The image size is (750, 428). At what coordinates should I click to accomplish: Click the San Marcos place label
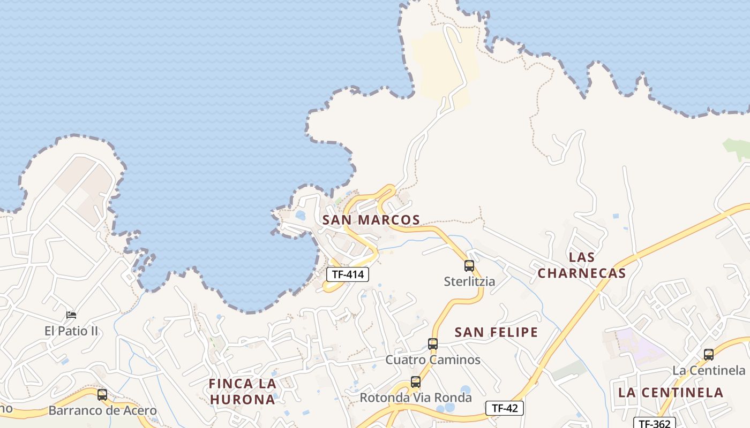(x=371, y=220)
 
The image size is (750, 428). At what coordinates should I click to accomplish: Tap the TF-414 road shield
(x=348, y=274)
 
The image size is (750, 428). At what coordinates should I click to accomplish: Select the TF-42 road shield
(x=504, y=408)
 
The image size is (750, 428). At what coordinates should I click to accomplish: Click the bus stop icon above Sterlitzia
(x=469, y=265)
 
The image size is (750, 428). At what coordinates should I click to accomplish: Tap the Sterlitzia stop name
(x=469, y=281)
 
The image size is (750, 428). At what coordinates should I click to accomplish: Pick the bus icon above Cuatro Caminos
(x=433, y=344)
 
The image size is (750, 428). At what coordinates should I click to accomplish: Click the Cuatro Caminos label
(x=433, y=360)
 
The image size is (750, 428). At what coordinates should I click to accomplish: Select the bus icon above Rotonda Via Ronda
(x=416, y=382)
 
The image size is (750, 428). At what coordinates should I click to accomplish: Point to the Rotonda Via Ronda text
(x=416, y=398)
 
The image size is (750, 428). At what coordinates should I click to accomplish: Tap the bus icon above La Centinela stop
(x=709, y=354)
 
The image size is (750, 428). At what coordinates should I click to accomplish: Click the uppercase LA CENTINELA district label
(x=671, y=392)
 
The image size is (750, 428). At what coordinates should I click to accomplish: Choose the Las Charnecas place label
(x=582, y=265)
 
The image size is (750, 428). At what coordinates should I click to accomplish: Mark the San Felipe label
(x=496, y=332)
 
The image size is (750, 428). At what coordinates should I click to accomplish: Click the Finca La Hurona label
(x=243, y=391)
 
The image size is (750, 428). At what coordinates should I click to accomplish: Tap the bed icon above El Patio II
(x=71, y=315)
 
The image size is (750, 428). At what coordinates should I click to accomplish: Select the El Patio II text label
(x=71, y=331)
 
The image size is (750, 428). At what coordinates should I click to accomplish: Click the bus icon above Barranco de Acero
(x=102, y=395)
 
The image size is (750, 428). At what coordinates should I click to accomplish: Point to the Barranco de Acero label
(x=102, y=411)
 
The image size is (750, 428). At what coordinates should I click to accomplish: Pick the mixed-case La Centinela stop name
(x=709, y=370)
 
